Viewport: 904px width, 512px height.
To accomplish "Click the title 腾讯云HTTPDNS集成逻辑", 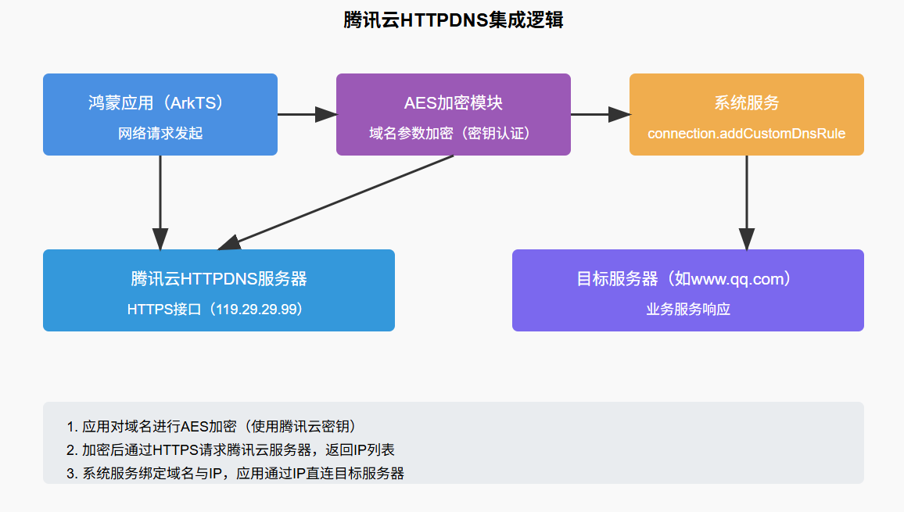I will (x=453, y=20).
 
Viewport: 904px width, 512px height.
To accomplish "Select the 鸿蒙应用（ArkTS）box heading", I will (x=160, y=103).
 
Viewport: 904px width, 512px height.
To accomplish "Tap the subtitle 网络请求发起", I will (x=160, y=134).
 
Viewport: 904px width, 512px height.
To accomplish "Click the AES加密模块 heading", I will (x=453, y=103).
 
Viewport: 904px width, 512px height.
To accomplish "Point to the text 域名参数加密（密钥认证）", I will (x=453, y=134).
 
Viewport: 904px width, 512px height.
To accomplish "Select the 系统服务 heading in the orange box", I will (x=746, y=103).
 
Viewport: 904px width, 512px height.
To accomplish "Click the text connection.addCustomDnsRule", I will (x=746, y=134).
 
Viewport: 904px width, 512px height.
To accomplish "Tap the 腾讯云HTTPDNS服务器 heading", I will (x=219, y=279).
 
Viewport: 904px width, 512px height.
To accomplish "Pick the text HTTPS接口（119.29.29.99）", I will (x=219, y=310).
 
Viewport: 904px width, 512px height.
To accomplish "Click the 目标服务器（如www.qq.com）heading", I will (x=687, y=279).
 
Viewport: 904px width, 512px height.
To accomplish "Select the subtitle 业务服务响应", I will (x=687, y=310).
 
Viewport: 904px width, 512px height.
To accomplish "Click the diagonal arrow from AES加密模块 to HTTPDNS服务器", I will (x=336, y=202).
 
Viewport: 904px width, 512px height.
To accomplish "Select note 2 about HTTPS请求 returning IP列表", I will (x=231, y=450).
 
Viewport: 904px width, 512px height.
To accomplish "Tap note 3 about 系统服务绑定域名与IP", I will (x=235, y=474).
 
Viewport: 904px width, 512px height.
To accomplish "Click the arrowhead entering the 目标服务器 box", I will (x=747, y=239).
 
